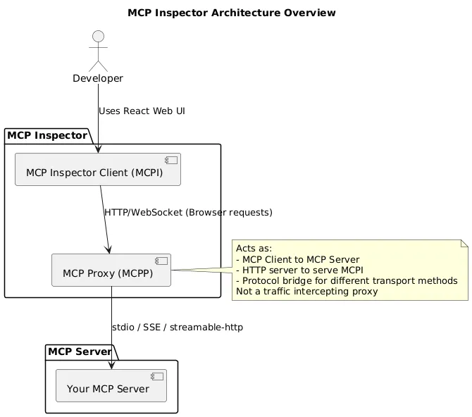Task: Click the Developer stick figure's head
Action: [x=98, y=37]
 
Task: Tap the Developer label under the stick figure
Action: [x=98, y=78]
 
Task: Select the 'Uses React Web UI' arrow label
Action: [x=142, y=111]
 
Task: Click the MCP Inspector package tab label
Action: [x=47, y=135]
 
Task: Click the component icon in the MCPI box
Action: [x=171, y=161]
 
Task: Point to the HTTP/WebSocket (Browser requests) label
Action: [x=187, y=212]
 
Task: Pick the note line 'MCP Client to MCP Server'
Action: [x=300, y=259]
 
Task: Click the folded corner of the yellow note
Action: [x=464, y=244]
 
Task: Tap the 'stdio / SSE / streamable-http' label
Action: [x=178, y=328]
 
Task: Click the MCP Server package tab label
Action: [x=79, y=351]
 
